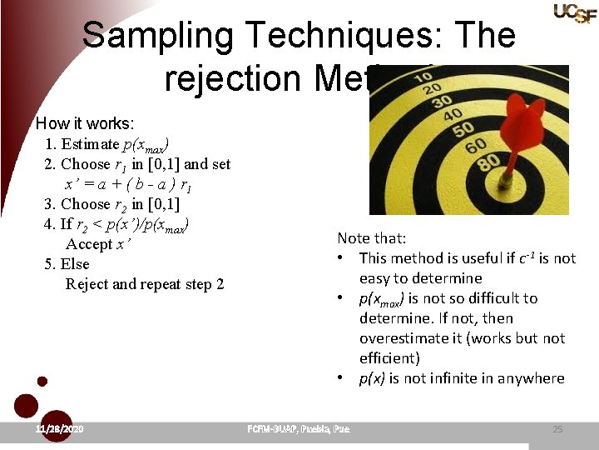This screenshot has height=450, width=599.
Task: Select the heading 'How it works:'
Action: [84, 123]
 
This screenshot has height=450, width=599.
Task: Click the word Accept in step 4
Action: [88, 244]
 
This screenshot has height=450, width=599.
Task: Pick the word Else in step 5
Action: [75, 264]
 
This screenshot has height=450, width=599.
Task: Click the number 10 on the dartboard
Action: [423, 77]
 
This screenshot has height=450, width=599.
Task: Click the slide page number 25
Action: [557, 429]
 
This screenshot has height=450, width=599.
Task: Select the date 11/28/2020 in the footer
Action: [60, 428]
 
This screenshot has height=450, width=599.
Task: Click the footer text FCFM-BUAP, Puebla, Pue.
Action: [299, 429]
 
